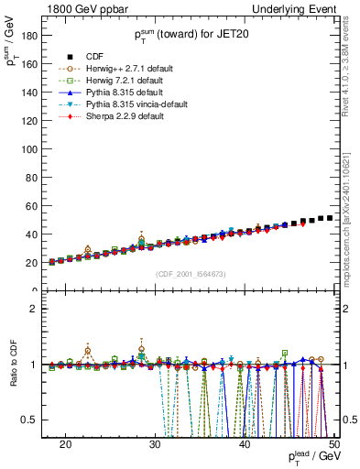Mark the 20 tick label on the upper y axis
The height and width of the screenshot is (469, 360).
(x=33, y=263)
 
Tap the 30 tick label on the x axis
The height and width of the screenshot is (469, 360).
(x=155, y=443)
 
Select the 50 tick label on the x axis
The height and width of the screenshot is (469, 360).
(x=333, y=443)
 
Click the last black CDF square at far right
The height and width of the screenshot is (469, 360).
(x=330, y=218)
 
